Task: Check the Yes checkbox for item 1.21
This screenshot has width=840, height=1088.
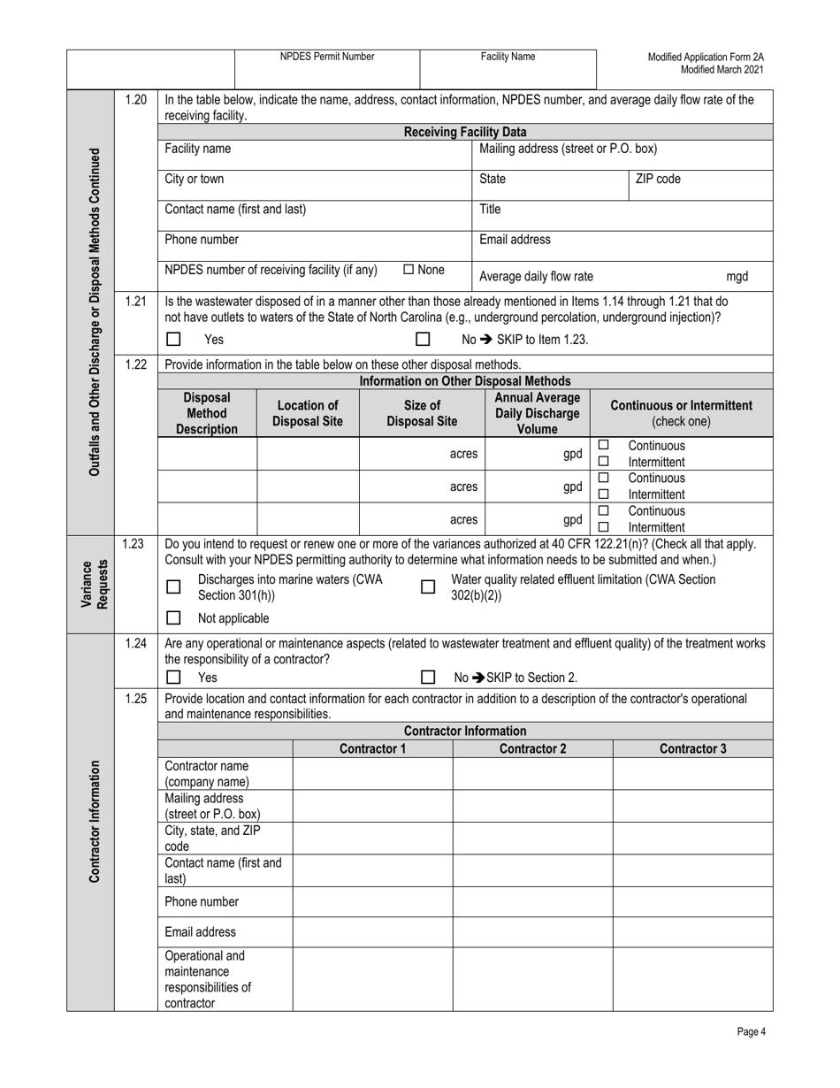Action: (x=173, y=339)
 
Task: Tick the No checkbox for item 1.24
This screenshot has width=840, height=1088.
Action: (x=428, y=678)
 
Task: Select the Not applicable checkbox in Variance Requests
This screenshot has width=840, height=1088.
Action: (x=173, y=618)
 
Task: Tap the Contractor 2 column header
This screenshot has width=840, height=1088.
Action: (x=532, y=749)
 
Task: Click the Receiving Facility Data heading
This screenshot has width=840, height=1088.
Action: (x=465, y=132)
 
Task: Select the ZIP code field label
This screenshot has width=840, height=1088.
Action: (x=658, y=179)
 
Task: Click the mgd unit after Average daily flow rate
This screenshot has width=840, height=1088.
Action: (x=737, y=276)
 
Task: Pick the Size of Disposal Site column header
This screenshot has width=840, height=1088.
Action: (x=422, y=413)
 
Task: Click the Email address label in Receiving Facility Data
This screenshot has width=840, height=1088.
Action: (x=515, y=240)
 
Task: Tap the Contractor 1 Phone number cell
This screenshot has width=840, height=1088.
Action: (x=372, y=901)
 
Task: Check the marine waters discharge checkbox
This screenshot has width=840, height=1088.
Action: (x=173, y=586)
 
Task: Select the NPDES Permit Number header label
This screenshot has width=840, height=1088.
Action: (x=327, y=57)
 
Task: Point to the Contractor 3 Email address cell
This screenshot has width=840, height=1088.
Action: (x=692, y=931)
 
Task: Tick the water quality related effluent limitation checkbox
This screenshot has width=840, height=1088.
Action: (x=428, y=586)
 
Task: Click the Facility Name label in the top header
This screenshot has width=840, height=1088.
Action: (x=508, y=57)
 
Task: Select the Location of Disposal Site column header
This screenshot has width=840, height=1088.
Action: (x=307, y=413)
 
